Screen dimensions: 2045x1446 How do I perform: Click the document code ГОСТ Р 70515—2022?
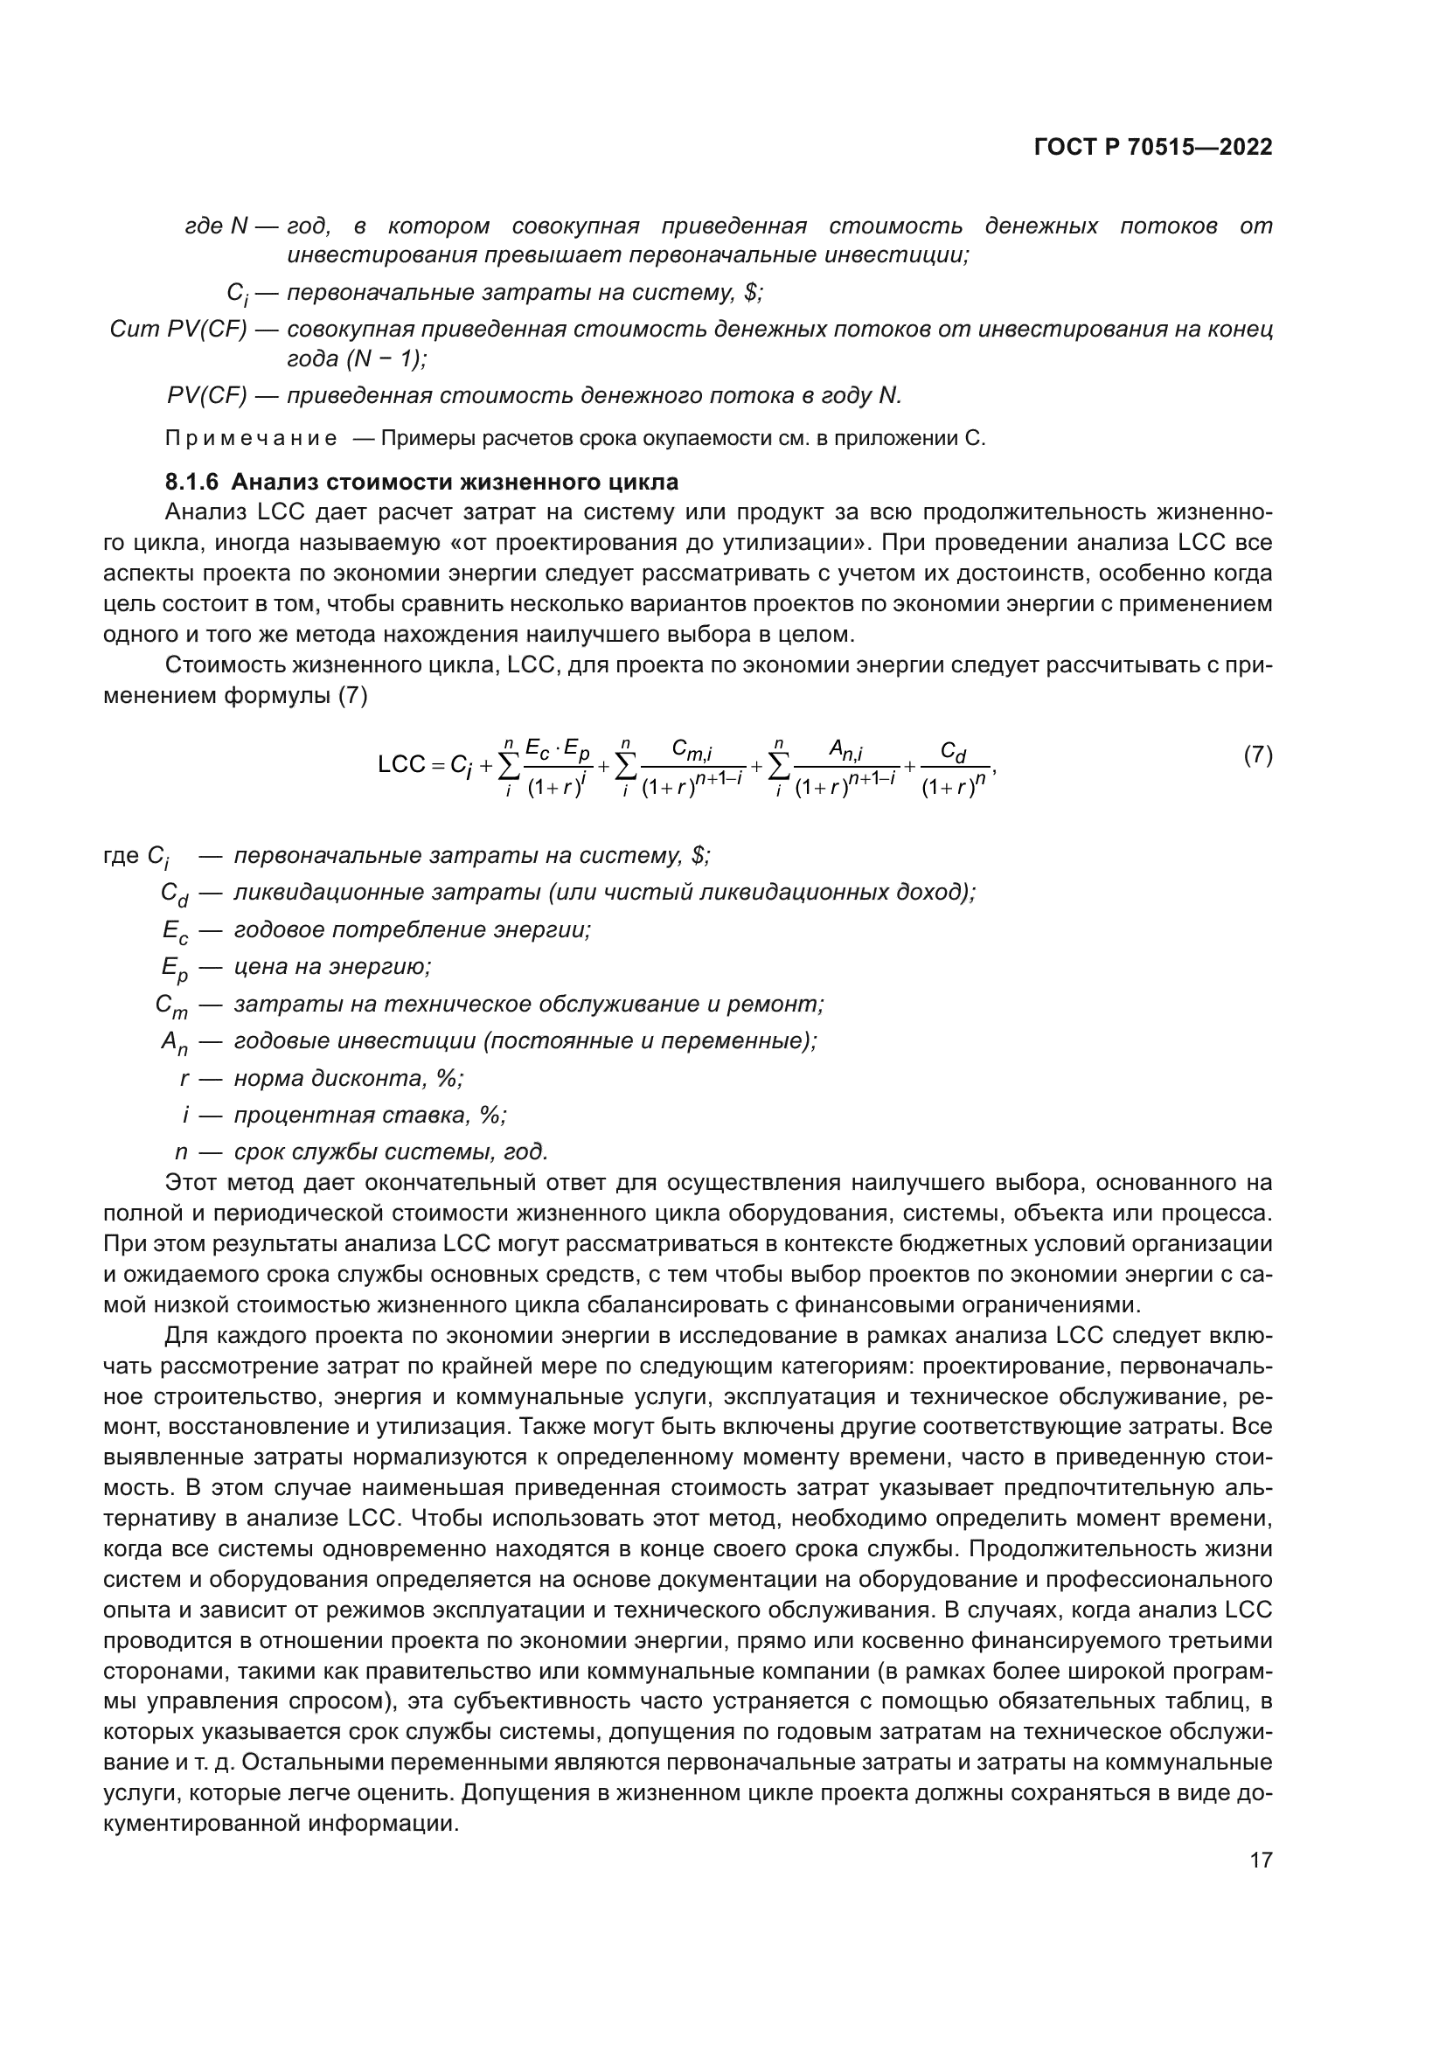coord(1153,148)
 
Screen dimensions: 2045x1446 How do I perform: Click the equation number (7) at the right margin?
coord(1257,756)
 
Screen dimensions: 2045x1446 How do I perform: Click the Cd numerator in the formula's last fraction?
coord(954,753)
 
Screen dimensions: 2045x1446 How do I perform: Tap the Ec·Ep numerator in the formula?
coord(558,751)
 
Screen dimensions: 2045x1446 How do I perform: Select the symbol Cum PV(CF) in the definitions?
coord(178,330)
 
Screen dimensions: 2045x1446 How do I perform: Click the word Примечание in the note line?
coord(251,439)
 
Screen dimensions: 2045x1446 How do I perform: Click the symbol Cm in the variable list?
coord(172,1005)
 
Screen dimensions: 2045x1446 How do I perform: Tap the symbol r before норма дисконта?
coord(184,1079)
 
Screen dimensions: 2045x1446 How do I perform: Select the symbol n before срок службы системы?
coord(182,1151)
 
